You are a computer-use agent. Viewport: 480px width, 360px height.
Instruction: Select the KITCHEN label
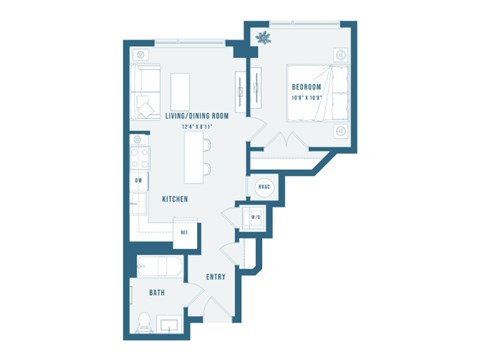[176, 199]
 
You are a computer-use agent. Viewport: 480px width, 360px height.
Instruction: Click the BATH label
[156, 293]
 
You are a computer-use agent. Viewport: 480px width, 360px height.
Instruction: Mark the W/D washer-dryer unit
[256, 219]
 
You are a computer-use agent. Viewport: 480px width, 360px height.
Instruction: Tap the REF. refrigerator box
[186, 232]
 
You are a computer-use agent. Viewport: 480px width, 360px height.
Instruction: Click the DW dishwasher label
[138, 180]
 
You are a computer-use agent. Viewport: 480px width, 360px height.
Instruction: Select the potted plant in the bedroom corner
[264, 39]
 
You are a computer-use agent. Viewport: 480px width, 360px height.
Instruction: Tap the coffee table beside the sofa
[182, 90]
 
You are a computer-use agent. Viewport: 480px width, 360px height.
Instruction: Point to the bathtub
[158, 269]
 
